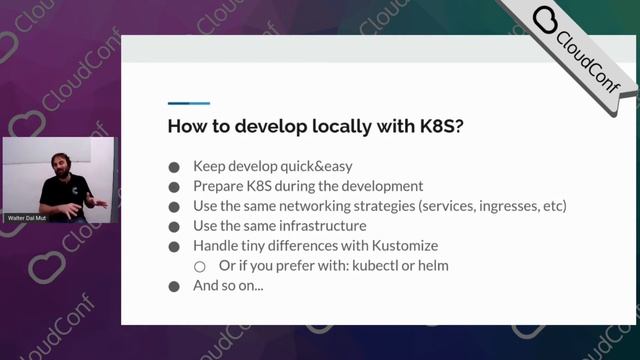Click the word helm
(431, 266)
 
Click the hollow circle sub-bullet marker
(200, 267)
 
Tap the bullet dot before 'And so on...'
(174, 286)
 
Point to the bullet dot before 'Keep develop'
(174, 168)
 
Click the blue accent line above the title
(188, 103)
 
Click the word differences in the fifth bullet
(318, 246)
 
